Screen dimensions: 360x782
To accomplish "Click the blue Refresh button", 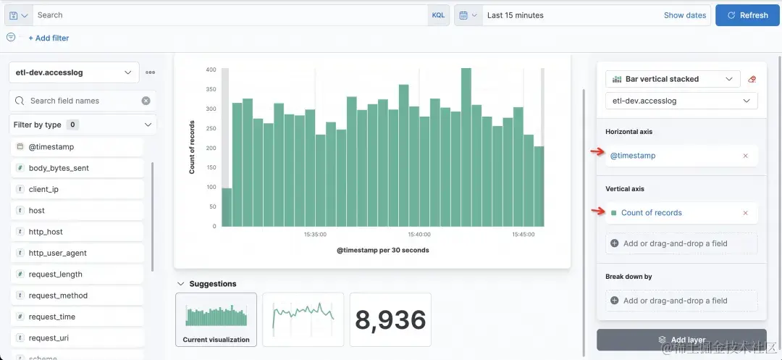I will point(748,15).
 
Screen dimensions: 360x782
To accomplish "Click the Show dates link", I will point(684,15).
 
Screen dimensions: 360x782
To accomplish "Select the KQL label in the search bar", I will point(438,15).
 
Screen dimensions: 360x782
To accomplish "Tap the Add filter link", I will point(49,38).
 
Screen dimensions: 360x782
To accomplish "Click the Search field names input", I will point(83,101).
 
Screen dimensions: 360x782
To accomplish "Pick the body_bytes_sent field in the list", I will point(59,168).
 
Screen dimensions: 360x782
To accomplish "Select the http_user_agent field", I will point(57,253).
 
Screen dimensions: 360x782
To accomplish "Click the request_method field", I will point(57,296).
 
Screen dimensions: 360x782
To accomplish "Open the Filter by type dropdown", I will point(83,125).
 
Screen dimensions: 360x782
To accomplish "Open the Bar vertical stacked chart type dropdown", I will point(672,79).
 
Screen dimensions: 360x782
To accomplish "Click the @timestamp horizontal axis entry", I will point(633,156).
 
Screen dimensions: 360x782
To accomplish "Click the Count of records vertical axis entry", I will point(651,213).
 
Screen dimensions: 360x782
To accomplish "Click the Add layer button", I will point(681,340).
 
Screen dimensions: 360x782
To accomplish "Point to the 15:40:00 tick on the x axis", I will point(419,235).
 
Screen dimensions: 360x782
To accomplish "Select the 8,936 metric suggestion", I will point(390,319).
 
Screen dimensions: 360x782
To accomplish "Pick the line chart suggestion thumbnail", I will point(303,319).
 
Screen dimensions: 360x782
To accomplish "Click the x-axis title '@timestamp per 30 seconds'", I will point(382,251).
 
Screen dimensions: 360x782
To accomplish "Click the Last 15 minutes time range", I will point(515,15).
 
